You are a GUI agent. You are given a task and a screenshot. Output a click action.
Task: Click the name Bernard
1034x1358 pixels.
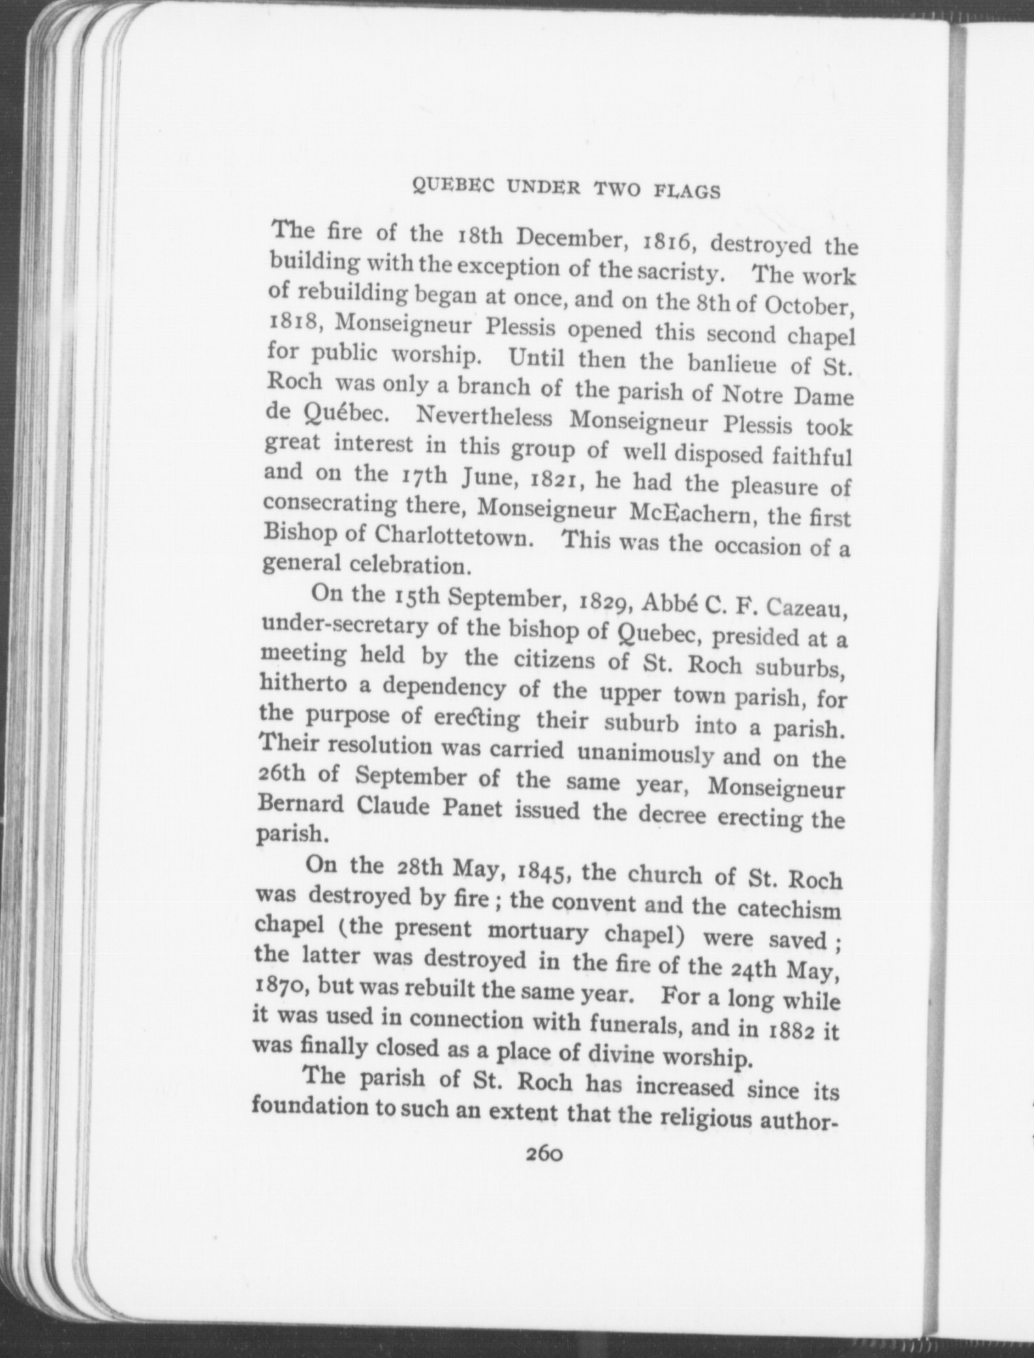click(x=302, y=804)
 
